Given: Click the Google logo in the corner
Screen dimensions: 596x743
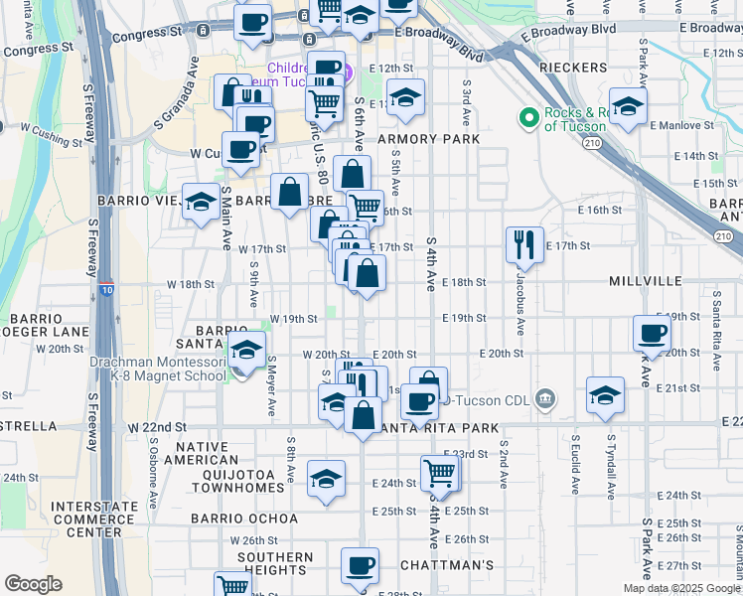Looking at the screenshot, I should [x=33, y=584].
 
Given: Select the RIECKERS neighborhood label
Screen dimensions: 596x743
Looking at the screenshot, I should [x=573, y=68].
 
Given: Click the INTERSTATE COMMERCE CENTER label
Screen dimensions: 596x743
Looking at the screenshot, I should [x=94, y=518].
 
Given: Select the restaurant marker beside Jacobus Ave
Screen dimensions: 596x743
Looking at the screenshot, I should [x=524, y=244].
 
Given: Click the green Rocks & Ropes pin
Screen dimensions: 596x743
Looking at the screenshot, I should [x=529, y=119].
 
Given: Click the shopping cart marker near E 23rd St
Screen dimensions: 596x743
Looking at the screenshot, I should [x=439, y=474].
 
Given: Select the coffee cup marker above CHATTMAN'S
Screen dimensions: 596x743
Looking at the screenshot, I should [x=360, y=566].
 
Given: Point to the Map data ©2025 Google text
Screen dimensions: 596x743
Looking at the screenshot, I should [x=680, y=588].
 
